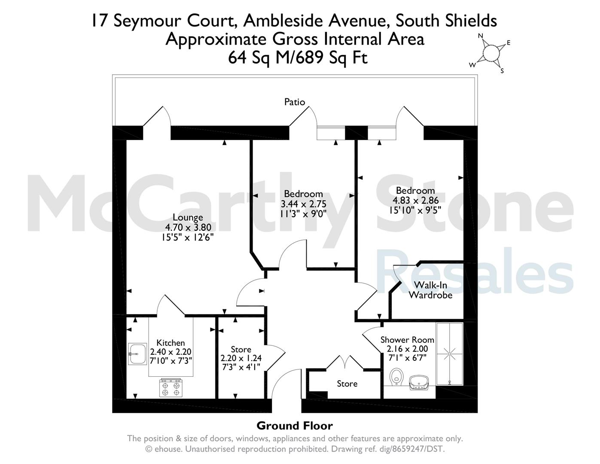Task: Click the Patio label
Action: [294, 102]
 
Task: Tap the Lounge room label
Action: [188, 217]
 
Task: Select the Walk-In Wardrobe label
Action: [430, 290]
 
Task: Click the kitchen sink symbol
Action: [137, 354]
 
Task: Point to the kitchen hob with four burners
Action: [171, 388]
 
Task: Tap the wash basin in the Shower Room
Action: [419, 382]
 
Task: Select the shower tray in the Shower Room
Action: [449, 354]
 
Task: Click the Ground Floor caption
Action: [295, 426]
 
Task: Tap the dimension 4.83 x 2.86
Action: [415, 200]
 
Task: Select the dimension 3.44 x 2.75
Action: [304, 204]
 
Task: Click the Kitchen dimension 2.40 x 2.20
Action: [171, 351]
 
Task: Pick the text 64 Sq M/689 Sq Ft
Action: [298, 58]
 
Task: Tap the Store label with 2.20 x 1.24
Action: [241, 349]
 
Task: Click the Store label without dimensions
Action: [347, 384]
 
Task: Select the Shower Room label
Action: [407, 339]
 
